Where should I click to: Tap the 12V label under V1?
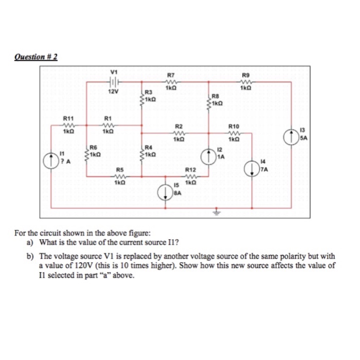point(113,92)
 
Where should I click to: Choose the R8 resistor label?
point(215,97)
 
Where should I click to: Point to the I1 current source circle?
point(52,158)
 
